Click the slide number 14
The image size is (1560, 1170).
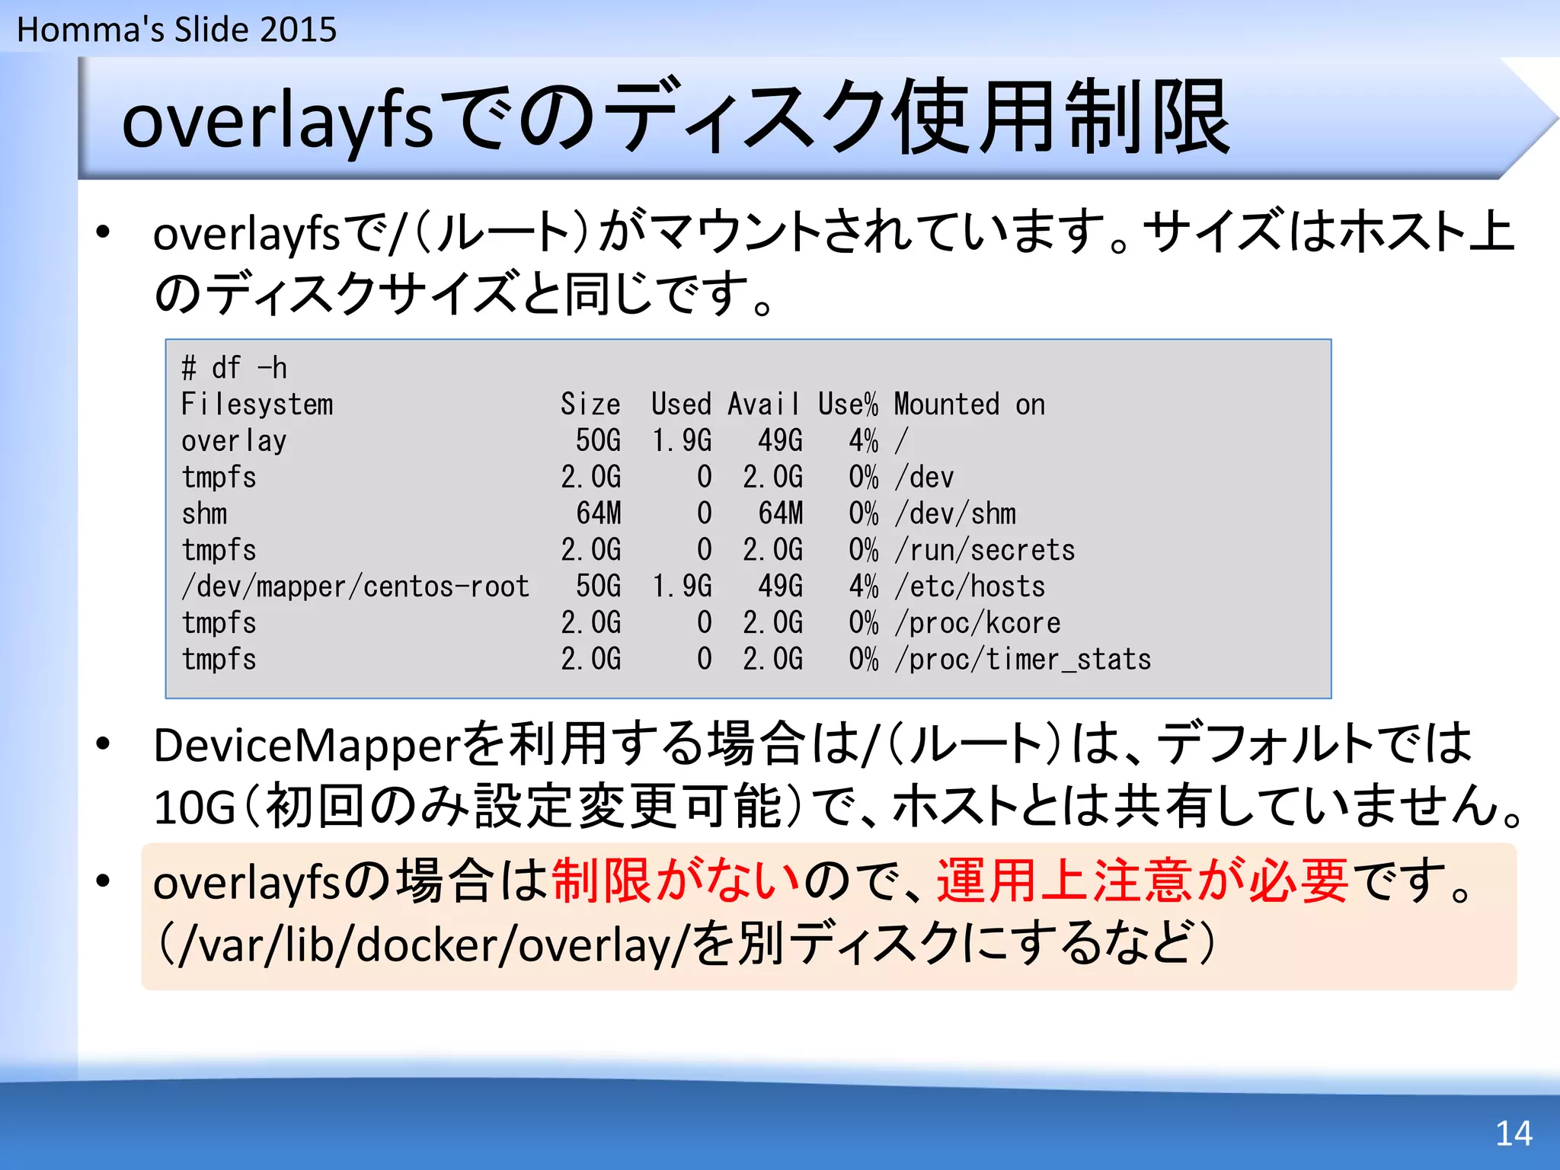pos(1514,1133)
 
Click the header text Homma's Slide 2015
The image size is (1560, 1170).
pos(177,30)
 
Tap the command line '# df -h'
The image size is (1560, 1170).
pos(234,368)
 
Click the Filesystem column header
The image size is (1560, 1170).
pos(257,404)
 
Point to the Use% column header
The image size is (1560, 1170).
pos(847,404)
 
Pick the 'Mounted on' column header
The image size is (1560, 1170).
pos(969,404)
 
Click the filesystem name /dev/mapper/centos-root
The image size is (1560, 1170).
pos(355,587)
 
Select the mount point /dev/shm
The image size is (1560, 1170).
pos(955,514)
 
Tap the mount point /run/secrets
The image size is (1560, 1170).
pos(985,550)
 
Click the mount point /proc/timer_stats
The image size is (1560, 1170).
pos(1022,660)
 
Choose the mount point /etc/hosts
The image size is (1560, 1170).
pos(970,587)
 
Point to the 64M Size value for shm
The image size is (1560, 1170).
pos(599,514)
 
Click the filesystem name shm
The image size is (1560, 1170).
pos(204,514)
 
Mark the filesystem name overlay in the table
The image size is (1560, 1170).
pos(234,441)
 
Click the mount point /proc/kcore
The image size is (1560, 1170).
pos(977,623)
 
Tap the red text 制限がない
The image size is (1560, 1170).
pos(676,881)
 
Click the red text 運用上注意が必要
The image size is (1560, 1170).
pos(1142,881)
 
